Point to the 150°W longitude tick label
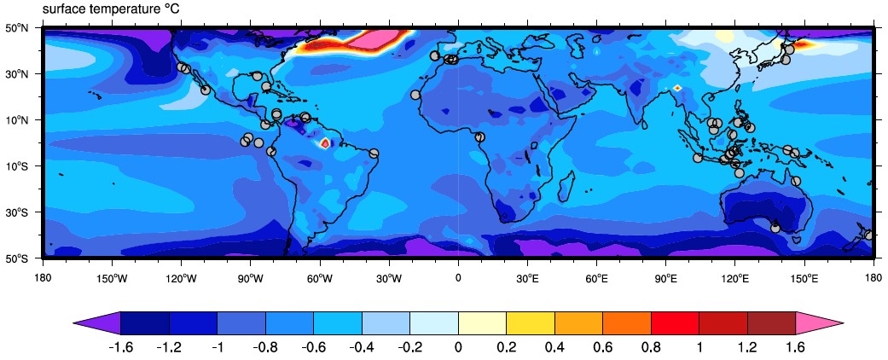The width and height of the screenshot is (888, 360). (x=112, y=278)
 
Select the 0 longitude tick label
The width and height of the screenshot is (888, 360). (x=458, y=278)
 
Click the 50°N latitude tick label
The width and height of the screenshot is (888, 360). (x=18, y=28)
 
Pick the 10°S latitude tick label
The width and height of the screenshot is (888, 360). (x=18, y=165)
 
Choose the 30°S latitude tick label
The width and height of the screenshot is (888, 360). (x=18, y=212)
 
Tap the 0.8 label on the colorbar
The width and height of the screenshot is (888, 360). (x=651, y=347)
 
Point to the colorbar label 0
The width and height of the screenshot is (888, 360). (x=459, y=347)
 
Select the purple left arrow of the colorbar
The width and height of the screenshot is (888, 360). (x=99, y=322)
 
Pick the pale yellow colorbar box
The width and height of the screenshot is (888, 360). (x=483, y=322)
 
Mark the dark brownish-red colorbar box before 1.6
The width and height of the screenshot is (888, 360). (x=772, y=322)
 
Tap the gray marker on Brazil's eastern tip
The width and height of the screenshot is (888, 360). (x=374, y=154)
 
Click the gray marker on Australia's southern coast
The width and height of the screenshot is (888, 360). (x=775, y=228)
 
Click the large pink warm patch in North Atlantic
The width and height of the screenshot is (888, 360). (x=375, y=38)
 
